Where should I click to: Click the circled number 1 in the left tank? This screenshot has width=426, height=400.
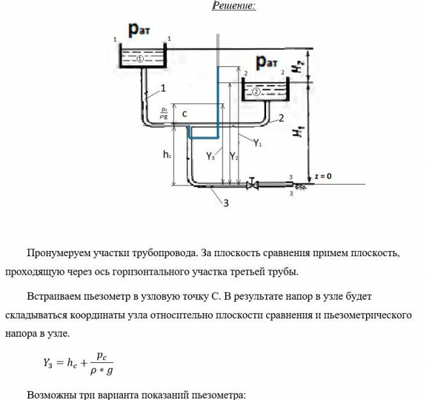(x=140, y=58)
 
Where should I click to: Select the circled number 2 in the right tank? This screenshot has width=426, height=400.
(x=256, y=91)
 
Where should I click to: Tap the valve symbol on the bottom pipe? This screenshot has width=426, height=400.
(x=253, y=185)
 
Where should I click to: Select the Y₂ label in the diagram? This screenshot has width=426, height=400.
(x=234, y=155)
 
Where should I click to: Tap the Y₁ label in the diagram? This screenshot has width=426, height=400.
(x=257, y=144)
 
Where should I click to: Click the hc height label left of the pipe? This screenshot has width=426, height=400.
(x=167, y=155)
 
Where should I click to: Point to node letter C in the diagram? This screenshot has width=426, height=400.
(x=183, y=114)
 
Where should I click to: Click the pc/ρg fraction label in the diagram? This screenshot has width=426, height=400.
(x=164, y=113)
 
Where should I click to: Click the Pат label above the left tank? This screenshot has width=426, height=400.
(x=141, y=29)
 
